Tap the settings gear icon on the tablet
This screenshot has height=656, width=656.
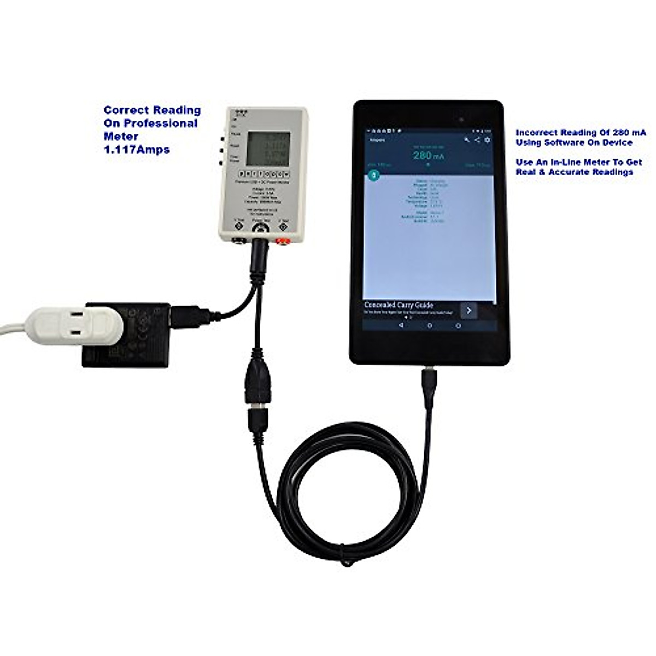(x=487, y=140)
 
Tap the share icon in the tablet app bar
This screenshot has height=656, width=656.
(x=477, y=140)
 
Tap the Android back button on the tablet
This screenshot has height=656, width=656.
(x=401, y=325)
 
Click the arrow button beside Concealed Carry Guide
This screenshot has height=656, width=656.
(x=469, y=311)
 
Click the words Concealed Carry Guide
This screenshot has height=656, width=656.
(x=399, y=305)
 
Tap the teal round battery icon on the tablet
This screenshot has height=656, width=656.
(x=373, y=175)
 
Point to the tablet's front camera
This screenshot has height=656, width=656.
(x=461, y=119)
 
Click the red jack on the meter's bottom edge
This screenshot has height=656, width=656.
(x=283, y=240)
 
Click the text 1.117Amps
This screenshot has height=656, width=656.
(x=137, y=149)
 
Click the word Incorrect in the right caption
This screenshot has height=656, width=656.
(x=537, y=133)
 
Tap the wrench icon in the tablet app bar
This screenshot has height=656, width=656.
(x=466, y=140)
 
